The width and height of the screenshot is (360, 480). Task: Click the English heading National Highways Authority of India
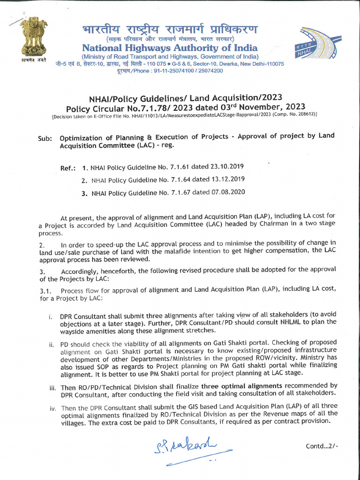click(x=170, y=48)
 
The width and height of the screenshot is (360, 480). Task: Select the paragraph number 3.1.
click(x=46, y=291)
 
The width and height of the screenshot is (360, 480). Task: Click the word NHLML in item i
click(x=277, y=322)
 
